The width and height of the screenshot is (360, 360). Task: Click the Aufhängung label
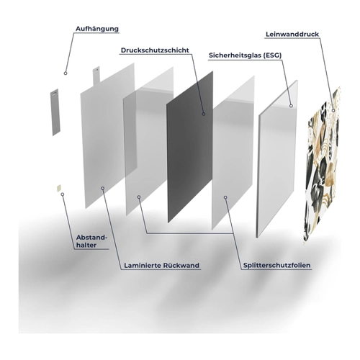coord(97,29)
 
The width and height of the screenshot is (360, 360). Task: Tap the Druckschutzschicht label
coord(155,50)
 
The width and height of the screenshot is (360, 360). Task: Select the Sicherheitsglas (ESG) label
coord(245,55)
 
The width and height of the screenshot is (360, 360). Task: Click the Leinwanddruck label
coord(292,34)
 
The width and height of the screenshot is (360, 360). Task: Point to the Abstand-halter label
coord(91,241)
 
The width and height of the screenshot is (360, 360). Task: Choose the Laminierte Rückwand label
coord(161,266)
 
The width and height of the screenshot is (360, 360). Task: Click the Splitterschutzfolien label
coord(277,266)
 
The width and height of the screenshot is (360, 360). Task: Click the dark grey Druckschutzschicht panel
coord(190,147)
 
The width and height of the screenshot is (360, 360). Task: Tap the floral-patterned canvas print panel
coord(323,166)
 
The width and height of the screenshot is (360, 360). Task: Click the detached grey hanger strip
coord(55,112)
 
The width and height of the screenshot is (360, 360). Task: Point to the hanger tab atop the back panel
coord(96,76)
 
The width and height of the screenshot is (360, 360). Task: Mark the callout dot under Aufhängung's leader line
coord(66,73)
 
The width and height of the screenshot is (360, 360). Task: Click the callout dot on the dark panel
coord(204,114)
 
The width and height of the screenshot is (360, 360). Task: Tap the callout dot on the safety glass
coord(291,106)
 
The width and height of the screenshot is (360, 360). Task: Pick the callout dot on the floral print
coord(333,110)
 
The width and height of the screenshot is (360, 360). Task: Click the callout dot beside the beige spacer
coord(63,194)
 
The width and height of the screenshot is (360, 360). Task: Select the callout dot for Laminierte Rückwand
coord(103,189)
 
